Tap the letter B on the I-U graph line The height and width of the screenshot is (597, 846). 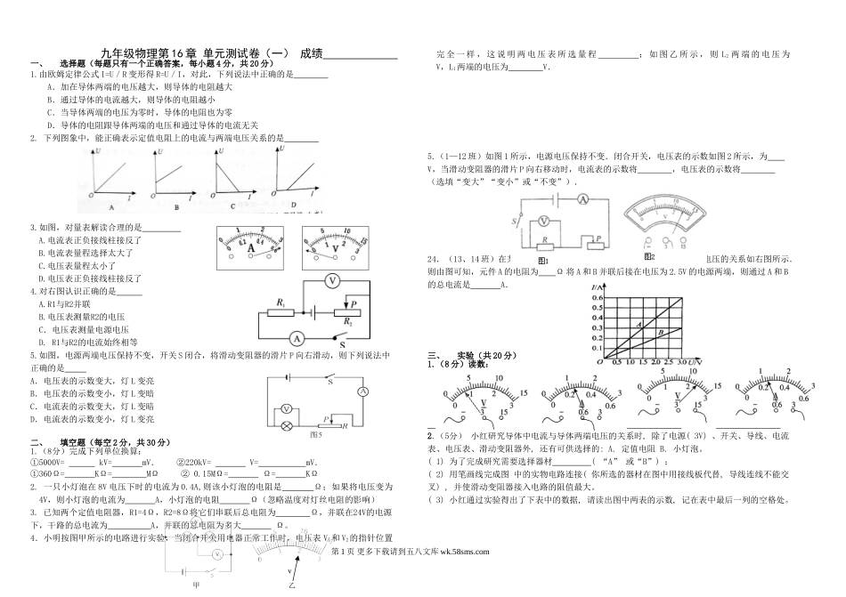tap(661, 333)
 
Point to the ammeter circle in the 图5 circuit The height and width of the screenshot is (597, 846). tap(363, 391)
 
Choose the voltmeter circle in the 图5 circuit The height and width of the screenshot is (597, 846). tap(287, 407)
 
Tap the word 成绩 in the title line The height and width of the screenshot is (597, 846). tap(312, 53)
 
